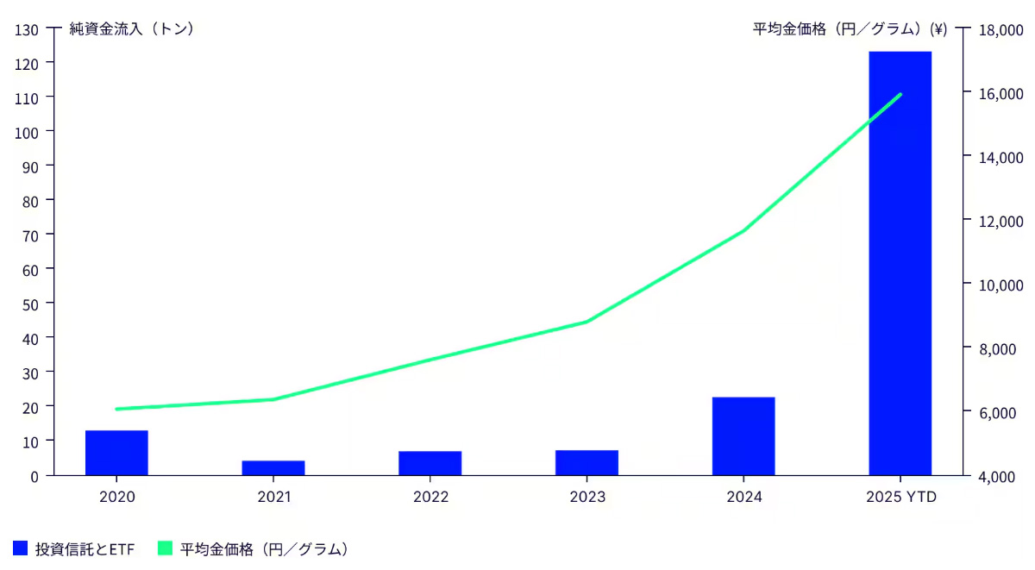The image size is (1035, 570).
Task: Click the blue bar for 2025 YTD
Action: click(x=900, y=263)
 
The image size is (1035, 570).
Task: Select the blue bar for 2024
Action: click(x=743, y=435)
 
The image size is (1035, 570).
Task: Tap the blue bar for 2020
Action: click(x=116, y=453)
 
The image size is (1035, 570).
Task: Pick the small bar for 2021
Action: click(x=273, y=467)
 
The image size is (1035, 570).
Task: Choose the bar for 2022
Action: click(x=430, y=463)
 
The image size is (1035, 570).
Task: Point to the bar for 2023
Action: click(x=586, y=462)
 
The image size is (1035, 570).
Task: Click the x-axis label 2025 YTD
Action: click(x=900, y=498)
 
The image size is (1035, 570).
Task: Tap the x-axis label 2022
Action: click(x=430, y=498)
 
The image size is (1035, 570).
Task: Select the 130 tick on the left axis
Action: click(x=27, y=29)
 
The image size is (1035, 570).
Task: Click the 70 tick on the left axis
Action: click(x=30, y=235)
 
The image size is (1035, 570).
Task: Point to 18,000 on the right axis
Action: click(x=999, y=29)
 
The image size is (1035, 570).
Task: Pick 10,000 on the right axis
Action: click(x=999, y=285)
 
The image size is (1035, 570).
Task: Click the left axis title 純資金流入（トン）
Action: click(x=131, y=29)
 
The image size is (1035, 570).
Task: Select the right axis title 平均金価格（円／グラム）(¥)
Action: click(x=850, y=29)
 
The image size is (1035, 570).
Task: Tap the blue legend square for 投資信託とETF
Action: click(x=21, y=548)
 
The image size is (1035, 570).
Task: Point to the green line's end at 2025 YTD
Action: click(x=900, y=94)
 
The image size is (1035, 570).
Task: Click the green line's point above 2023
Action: click(x=586, y=322)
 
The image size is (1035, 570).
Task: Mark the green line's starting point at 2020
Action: click(x=116, y=409)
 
